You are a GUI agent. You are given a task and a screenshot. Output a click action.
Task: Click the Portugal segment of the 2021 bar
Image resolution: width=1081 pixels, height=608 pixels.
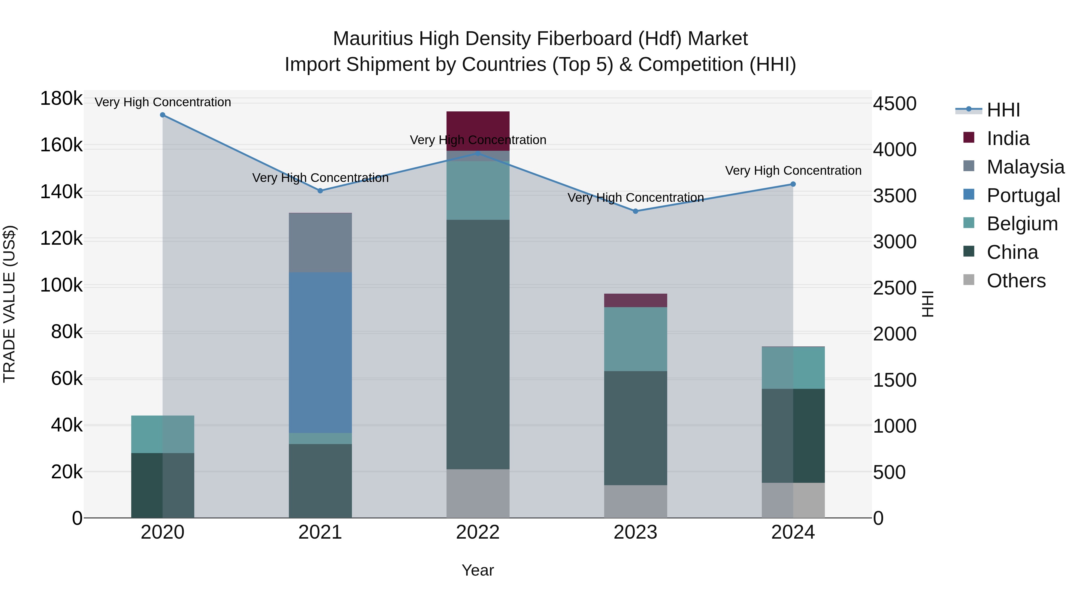pyautogui.click(x=320, y=352)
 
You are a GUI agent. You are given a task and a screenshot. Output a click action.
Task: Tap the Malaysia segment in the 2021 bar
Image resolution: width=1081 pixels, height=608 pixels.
pyautogui.click(x=320, y=243)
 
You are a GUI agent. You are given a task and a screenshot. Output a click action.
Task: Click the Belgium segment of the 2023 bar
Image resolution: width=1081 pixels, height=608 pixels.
pyautogui.click(x=635, y=339)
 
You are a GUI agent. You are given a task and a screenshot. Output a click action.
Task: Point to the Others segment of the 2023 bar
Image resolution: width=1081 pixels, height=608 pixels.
pyautogui.click(x=635, y=501)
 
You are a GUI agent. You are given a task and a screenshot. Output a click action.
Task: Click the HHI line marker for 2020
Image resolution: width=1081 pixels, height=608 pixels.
pyautogui.click(x=163, y=115)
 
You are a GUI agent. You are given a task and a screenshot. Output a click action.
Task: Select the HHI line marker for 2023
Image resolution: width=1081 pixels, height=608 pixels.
pyautogui.click(x=635, y=211)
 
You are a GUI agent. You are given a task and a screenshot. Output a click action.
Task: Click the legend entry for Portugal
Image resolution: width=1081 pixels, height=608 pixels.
pyautogui.click(x=1023, y=195)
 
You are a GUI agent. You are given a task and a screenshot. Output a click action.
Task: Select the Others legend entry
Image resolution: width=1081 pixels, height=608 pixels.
pyautogui.click(x=1016, y=281)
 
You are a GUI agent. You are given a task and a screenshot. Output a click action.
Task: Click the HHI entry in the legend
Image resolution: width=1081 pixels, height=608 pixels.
pyautogui.click(x=1003, y=110)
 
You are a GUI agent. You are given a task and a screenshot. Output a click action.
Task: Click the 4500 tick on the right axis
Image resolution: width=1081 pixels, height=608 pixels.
pyautogui.click(x=895, y=104)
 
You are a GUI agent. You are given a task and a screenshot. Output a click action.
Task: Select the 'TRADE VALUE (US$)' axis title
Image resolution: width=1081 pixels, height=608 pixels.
pyautogui.click(x=10, y=304)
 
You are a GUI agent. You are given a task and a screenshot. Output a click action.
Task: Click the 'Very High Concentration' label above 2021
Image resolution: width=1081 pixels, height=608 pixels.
pyautogui.click(x=320, y=178)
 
